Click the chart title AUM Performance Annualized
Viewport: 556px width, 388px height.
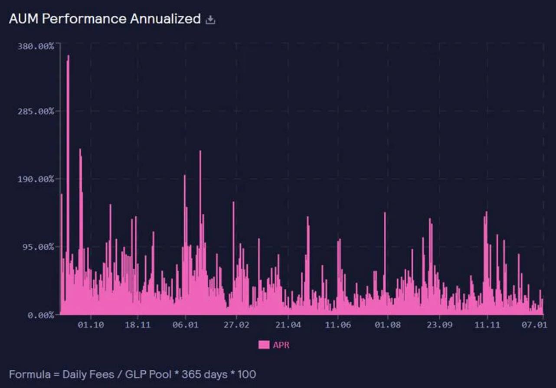(105, 19)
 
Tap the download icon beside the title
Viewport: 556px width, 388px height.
(210, 20)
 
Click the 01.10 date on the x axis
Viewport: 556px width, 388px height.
(91, 325)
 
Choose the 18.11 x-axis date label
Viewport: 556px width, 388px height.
(137, 325)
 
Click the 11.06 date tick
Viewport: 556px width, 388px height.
(338, 325)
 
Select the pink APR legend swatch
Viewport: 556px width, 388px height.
(264, 345)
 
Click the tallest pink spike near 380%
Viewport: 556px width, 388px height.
(68, 59)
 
